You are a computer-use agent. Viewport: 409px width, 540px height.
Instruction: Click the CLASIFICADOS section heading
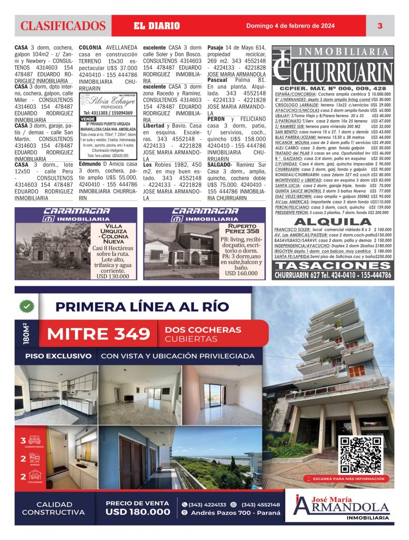pyautogui.click(x=63, y=26)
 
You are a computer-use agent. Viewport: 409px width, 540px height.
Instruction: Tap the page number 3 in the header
pyautogui.click(x=379, y=26)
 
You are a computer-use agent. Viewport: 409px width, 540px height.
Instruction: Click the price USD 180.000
pyautogui.click(x=138, y=512)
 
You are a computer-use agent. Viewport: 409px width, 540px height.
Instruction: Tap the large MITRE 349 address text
pyautogui.click(x=99, y=334)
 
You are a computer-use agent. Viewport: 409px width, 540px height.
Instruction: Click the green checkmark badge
pyautogui.click(x=26, y=305)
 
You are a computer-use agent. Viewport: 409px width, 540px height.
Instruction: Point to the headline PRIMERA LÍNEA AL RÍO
pyautogui.click(x=142, y=306)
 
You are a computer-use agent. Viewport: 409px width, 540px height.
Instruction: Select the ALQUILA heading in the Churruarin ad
pyautogui.click(x=333, y=222)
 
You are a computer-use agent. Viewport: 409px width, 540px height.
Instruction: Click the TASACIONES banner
pyautogui.click(x=334, y=266)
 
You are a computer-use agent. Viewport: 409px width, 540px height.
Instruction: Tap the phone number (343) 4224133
pyautogui.click(x=208, y=504)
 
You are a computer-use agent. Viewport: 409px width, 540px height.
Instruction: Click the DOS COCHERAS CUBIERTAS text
pyautogui.click(x=203, y=334)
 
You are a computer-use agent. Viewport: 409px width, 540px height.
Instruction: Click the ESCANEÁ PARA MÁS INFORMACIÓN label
pyautogui.click(x=348, y=478)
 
